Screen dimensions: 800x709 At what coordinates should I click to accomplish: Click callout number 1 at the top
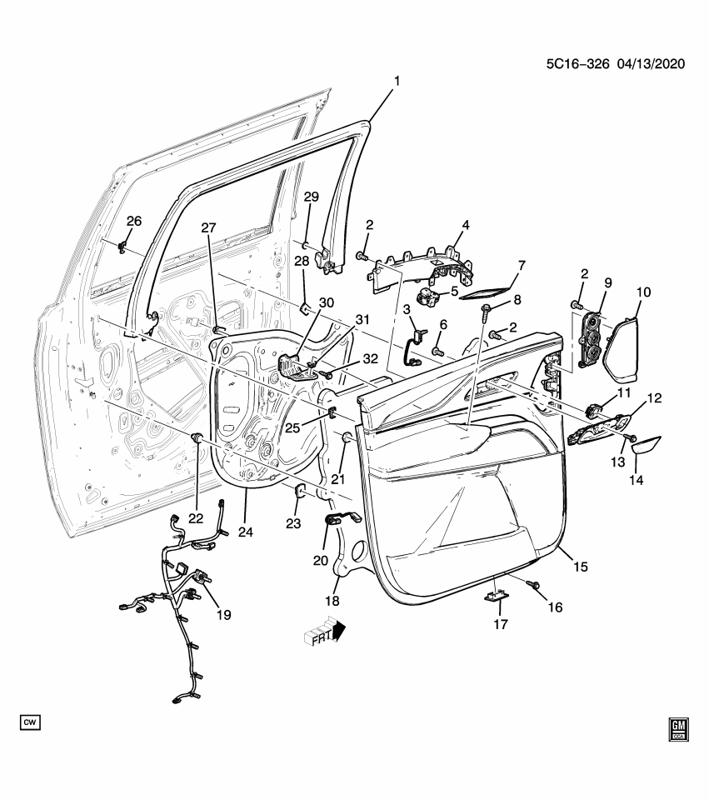coord(397,81)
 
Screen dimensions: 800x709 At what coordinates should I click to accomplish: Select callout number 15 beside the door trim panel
coord(580,566)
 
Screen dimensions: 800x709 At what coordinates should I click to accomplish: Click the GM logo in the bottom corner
coord(681,729)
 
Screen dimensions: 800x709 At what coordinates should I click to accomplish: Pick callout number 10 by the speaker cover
coord(643,292)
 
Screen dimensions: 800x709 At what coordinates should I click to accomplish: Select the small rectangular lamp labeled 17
coord(497,597)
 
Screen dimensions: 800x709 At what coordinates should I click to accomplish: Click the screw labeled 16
coord(532,587)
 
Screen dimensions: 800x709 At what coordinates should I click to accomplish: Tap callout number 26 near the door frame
coord(134,221)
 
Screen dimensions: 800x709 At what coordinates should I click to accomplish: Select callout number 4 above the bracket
coord(465,225)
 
